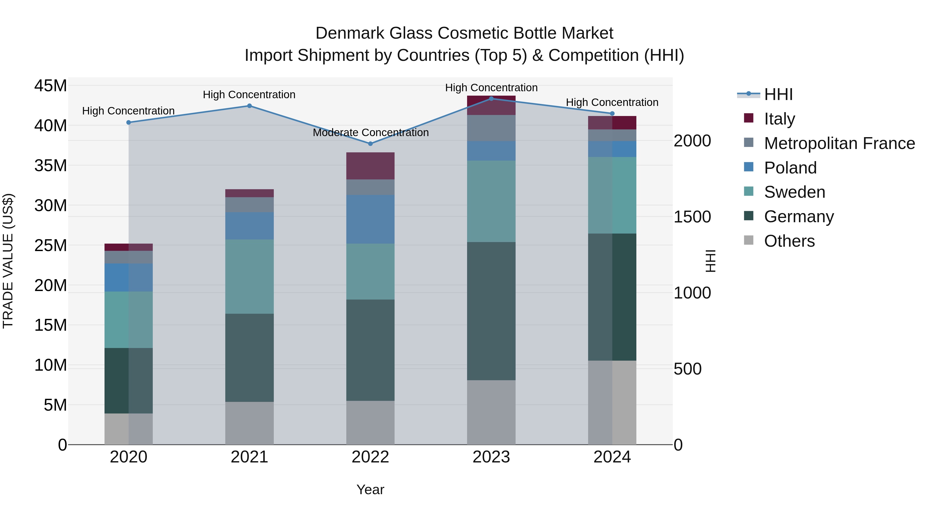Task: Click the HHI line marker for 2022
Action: coord(370,144)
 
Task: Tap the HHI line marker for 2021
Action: coord(249,106)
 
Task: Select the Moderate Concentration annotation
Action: coord(370,132)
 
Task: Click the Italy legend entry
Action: coord(779,119)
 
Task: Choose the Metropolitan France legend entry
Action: coord(839,143)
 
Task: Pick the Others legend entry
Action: coord(789,241)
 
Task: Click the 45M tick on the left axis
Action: coord(51,86)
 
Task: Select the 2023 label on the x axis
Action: coord(491,457)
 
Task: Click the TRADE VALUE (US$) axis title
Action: coord(8,261)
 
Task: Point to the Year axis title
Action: coord(370,490)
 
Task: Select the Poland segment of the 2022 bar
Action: coord(370,219)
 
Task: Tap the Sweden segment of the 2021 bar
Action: coord(249,276)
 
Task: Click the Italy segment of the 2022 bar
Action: coord(370,166)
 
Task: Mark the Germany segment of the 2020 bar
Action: coord(129,380)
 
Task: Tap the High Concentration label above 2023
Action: coord(491,88)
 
